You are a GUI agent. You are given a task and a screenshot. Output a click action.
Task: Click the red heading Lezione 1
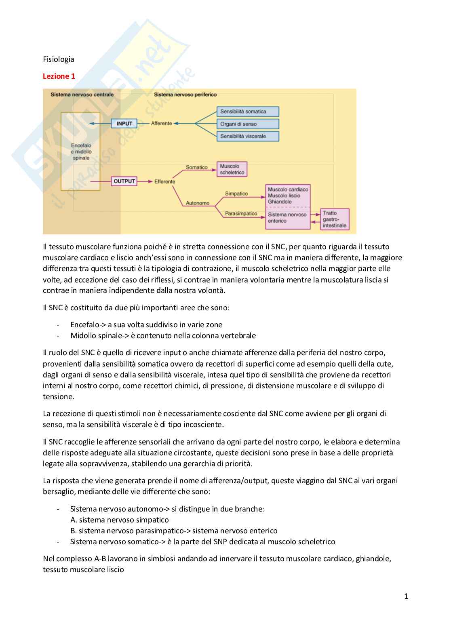point(59,76)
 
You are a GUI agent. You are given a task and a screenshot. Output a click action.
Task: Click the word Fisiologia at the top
point(59,59)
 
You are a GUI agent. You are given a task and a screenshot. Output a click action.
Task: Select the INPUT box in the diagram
point(124,124)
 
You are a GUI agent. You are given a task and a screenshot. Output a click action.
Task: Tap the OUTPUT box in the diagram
point(124,181)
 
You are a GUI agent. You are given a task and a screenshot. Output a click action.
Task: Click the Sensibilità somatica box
point(248,112)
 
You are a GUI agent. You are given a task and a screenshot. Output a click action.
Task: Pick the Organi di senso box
point(248,124)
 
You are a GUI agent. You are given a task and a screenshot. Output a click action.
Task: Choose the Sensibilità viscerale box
point(248,136)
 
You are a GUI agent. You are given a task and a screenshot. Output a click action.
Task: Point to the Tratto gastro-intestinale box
point(335,219)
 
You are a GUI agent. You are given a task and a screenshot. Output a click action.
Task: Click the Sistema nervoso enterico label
point(287,218)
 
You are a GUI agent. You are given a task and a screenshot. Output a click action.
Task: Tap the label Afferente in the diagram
point(161,124)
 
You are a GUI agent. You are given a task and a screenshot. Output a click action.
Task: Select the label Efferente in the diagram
point(164,182)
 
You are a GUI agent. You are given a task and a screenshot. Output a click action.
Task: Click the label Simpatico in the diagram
point(236,194)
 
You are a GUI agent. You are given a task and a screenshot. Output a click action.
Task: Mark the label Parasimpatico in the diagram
point(241,213)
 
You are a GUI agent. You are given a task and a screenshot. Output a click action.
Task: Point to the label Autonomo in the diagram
point(198,203)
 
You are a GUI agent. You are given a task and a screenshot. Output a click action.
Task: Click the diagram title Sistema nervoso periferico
point(185,95)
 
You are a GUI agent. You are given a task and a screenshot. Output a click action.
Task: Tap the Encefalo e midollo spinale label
point(81,152)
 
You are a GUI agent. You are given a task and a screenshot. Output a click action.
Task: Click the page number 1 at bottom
point(406,596)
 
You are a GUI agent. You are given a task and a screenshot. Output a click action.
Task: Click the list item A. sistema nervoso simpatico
point(119,520)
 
